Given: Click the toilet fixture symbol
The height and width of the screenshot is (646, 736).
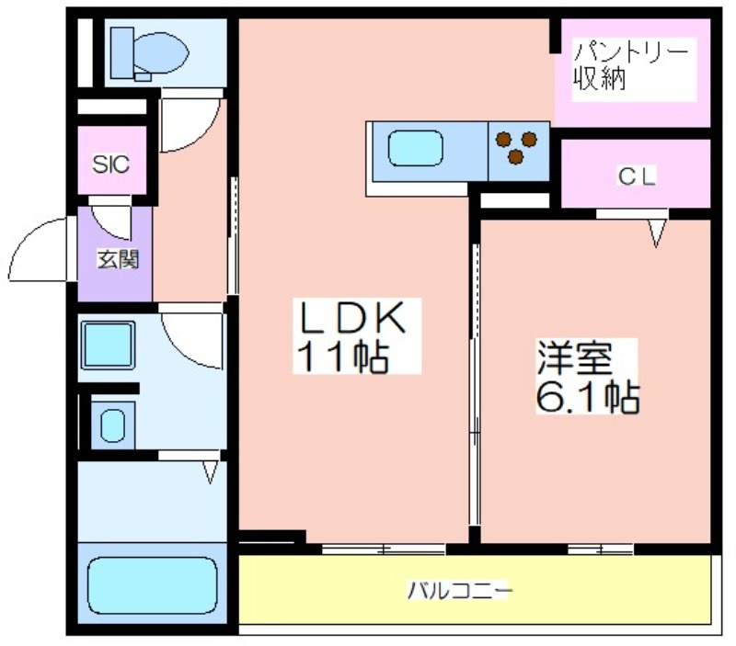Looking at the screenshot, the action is coord(149,53).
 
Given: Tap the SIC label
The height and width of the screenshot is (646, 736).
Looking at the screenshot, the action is coord(110,164).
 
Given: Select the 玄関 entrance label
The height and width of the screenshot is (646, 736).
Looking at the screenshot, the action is coord(118,259).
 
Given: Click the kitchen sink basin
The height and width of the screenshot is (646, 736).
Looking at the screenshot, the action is coord(416,148).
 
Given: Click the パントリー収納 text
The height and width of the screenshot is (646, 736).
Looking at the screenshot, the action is coord(630,65).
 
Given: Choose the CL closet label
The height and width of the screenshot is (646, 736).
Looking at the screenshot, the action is coord(636,176).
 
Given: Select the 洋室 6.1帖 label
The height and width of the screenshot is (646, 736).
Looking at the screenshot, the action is coord(587,377).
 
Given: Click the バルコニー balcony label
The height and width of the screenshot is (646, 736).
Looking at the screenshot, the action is coord(459,590).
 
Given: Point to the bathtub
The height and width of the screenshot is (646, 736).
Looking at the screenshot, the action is coord(153,585).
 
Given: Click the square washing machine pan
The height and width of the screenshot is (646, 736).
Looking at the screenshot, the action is coord(108,345).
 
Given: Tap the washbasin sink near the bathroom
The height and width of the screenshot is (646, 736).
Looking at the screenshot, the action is coord(112,425).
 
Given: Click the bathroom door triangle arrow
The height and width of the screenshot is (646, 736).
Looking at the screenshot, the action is coord(211,472).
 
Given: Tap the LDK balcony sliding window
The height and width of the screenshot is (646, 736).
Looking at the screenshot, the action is coord(384,549).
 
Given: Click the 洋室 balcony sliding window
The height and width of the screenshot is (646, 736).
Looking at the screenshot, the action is coord(601,549).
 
